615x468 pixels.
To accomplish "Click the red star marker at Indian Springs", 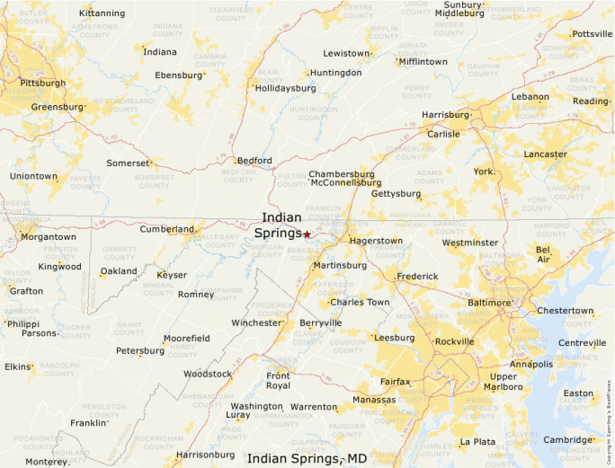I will click(307, 234).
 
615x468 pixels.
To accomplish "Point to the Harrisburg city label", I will click(445, 115).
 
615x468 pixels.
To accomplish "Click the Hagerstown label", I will click(376, 241).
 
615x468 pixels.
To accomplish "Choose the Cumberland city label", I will click(166, 229).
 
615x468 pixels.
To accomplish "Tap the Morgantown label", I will click(48, 236).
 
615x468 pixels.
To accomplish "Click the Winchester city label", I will click(257, 322).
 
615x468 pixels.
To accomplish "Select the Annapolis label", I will click(531, 364).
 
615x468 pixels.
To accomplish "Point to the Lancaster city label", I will click(546, 154).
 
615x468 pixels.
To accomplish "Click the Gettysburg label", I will click(396, 193).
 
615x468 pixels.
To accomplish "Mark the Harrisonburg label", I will click(205, 455).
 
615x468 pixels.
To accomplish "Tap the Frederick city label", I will click(417, 276).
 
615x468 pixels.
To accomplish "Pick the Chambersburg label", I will click(341, 173).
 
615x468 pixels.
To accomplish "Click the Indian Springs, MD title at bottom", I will click(307, 458).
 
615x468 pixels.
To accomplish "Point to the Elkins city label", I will click(17, 366).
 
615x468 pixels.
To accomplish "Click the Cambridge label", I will click(567, 439).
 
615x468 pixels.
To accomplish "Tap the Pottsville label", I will click(592, 33).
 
